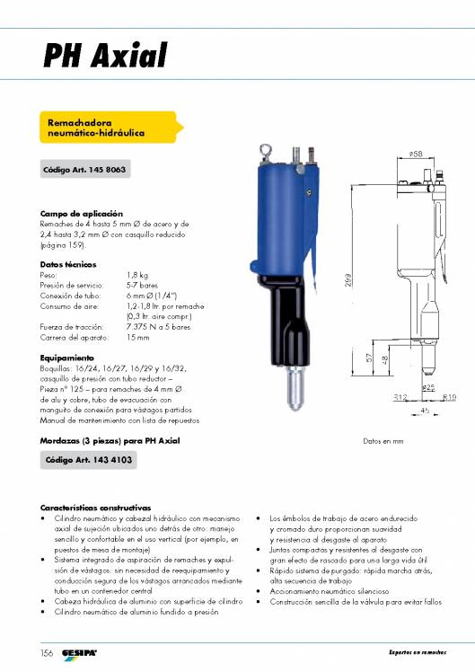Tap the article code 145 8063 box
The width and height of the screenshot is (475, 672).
[x=84, y=170]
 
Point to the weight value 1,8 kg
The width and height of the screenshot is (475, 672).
[x=137, y=274]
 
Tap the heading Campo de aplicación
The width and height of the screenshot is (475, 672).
[x=75, y=213]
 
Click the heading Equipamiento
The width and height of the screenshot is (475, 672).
[x=66, y=358]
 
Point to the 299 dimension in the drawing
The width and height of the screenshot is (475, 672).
[x=347, y=281]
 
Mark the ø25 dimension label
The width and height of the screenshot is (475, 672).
[x=428, y=388]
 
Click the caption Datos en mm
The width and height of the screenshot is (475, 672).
[x=383, y=442]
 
